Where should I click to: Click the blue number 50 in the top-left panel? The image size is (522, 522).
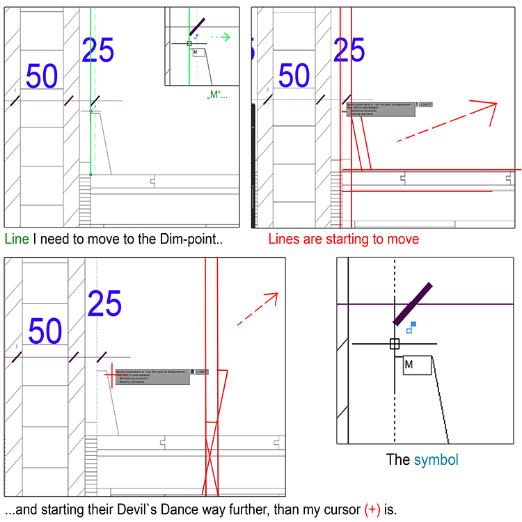click(42, 76)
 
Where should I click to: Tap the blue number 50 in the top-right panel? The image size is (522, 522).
click(294, 75)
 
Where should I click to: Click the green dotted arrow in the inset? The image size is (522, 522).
click(220, 37)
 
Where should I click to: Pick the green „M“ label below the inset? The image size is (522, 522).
click(217, 94)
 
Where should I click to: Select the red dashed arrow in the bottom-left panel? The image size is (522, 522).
click(258, 309)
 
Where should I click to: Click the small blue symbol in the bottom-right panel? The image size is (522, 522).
click(411, 327)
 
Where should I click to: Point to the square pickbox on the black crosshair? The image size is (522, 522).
click(395, 344)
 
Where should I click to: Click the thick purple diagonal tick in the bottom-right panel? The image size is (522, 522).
click(413, 304)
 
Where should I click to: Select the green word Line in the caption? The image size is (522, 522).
click(17, 239)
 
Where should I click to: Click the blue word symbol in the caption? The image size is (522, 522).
click(436, 460)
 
